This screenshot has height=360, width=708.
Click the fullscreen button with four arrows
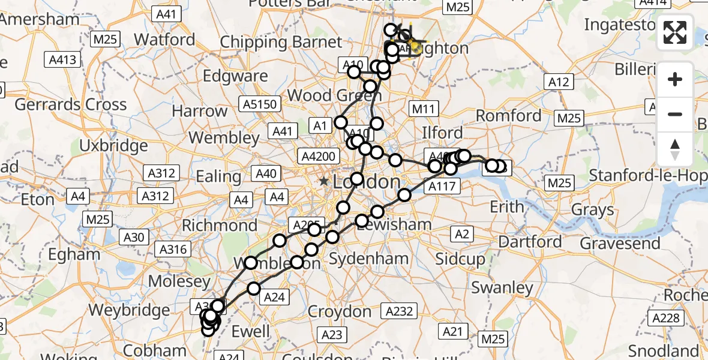[x=675, y=32]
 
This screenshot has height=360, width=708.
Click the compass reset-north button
[x=675, y=150]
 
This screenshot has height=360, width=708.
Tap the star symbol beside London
[x=324, y=181]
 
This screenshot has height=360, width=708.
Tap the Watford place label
[x=164, y=40]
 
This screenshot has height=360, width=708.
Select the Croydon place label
[x=340, y=311]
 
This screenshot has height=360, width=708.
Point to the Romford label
[x=509, y=115]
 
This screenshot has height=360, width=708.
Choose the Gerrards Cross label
[x=71, y=104]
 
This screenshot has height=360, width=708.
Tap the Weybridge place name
[x=129, y=310]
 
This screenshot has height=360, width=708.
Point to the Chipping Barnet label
[x=281, y=42]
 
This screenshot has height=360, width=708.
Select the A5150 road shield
[x=260, y=104]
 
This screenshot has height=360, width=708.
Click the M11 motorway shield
[x=424, y=109]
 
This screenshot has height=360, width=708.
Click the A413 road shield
[x=62, y=59]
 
